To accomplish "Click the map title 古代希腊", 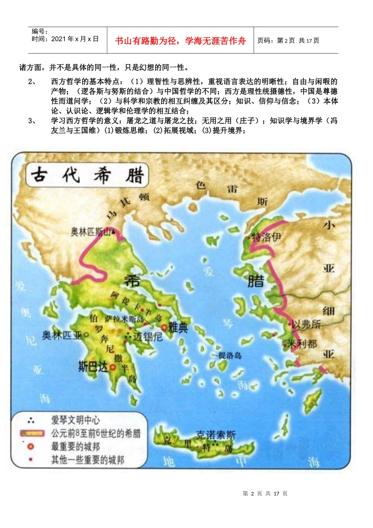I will point(87,175).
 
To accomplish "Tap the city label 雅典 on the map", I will point(178,327).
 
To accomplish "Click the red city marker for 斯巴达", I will point(113,367).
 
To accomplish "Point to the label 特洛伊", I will point(267,237).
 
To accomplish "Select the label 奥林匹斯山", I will point(91,232).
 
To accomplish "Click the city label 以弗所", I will point(306,324).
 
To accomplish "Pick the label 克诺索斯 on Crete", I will point(216,434).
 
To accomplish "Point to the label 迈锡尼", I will point(148,337).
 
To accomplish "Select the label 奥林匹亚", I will point(62,335).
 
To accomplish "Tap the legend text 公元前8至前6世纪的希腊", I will point(96,433).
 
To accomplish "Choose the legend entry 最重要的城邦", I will point(75,446).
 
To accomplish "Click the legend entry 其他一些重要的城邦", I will point(88,459).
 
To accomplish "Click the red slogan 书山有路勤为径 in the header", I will point(180,41).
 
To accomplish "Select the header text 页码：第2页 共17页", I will point(288,40).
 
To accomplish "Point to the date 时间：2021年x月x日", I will point(65,39).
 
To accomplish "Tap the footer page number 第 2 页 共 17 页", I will point(265,493).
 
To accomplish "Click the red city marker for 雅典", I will point(164,327).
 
